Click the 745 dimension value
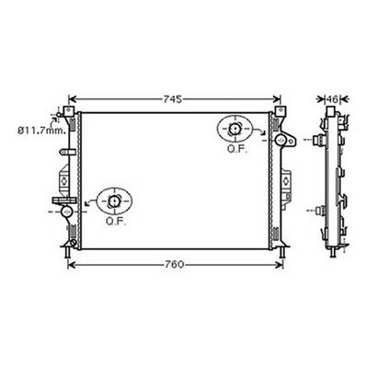(174, 97)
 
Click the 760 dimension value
(175, 265)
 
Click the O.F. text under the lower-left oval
(115, 221)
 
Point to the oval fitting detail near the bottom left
(114, 200)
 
